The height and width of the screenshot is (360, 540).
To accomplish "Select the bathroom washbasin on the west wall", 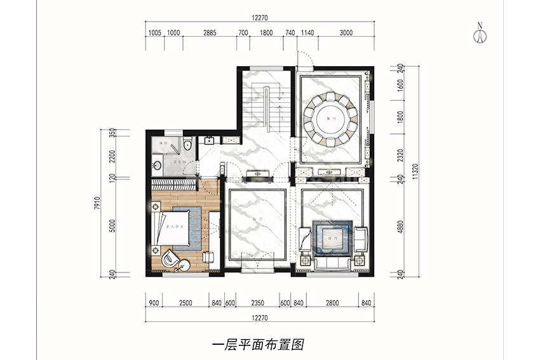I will point(156,166).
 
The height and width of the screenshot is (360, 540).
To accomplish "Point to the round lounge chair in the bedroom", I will point(171,259).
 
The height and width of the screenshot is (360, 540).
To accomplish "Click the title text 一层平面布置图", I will point(257,345).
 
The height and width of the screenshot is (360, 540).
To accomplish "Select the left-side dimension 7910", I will point(97,203).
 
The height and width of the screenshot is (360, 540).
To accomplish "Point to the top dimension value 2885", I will point(210,33).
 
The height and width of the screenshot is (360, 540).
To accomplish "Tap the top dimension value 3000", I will point(346,33).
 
